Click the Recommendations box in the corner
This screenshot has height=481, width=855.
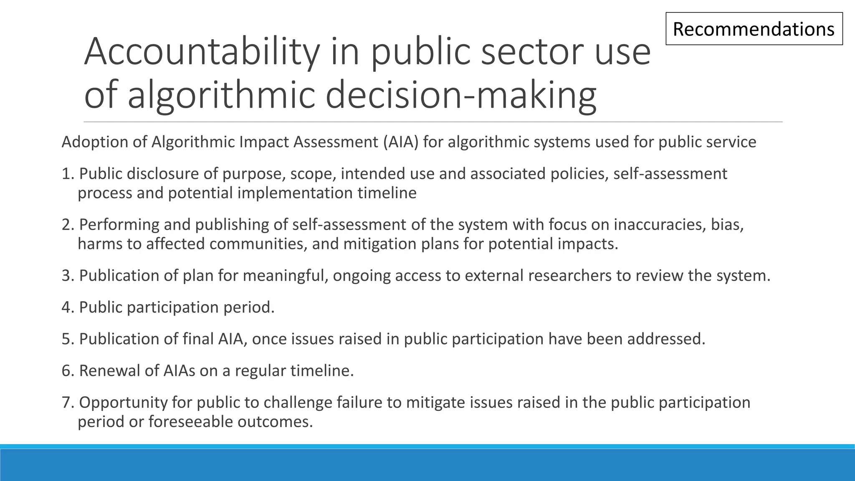(x=754, y=29)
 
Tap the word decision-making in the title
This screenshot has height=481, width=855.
(x=460, y=95)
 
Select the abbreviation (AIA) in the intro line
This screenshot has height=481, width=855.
(x=401, y=142)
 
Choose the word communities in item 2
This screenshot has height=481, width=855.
(x=258, y=244)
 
